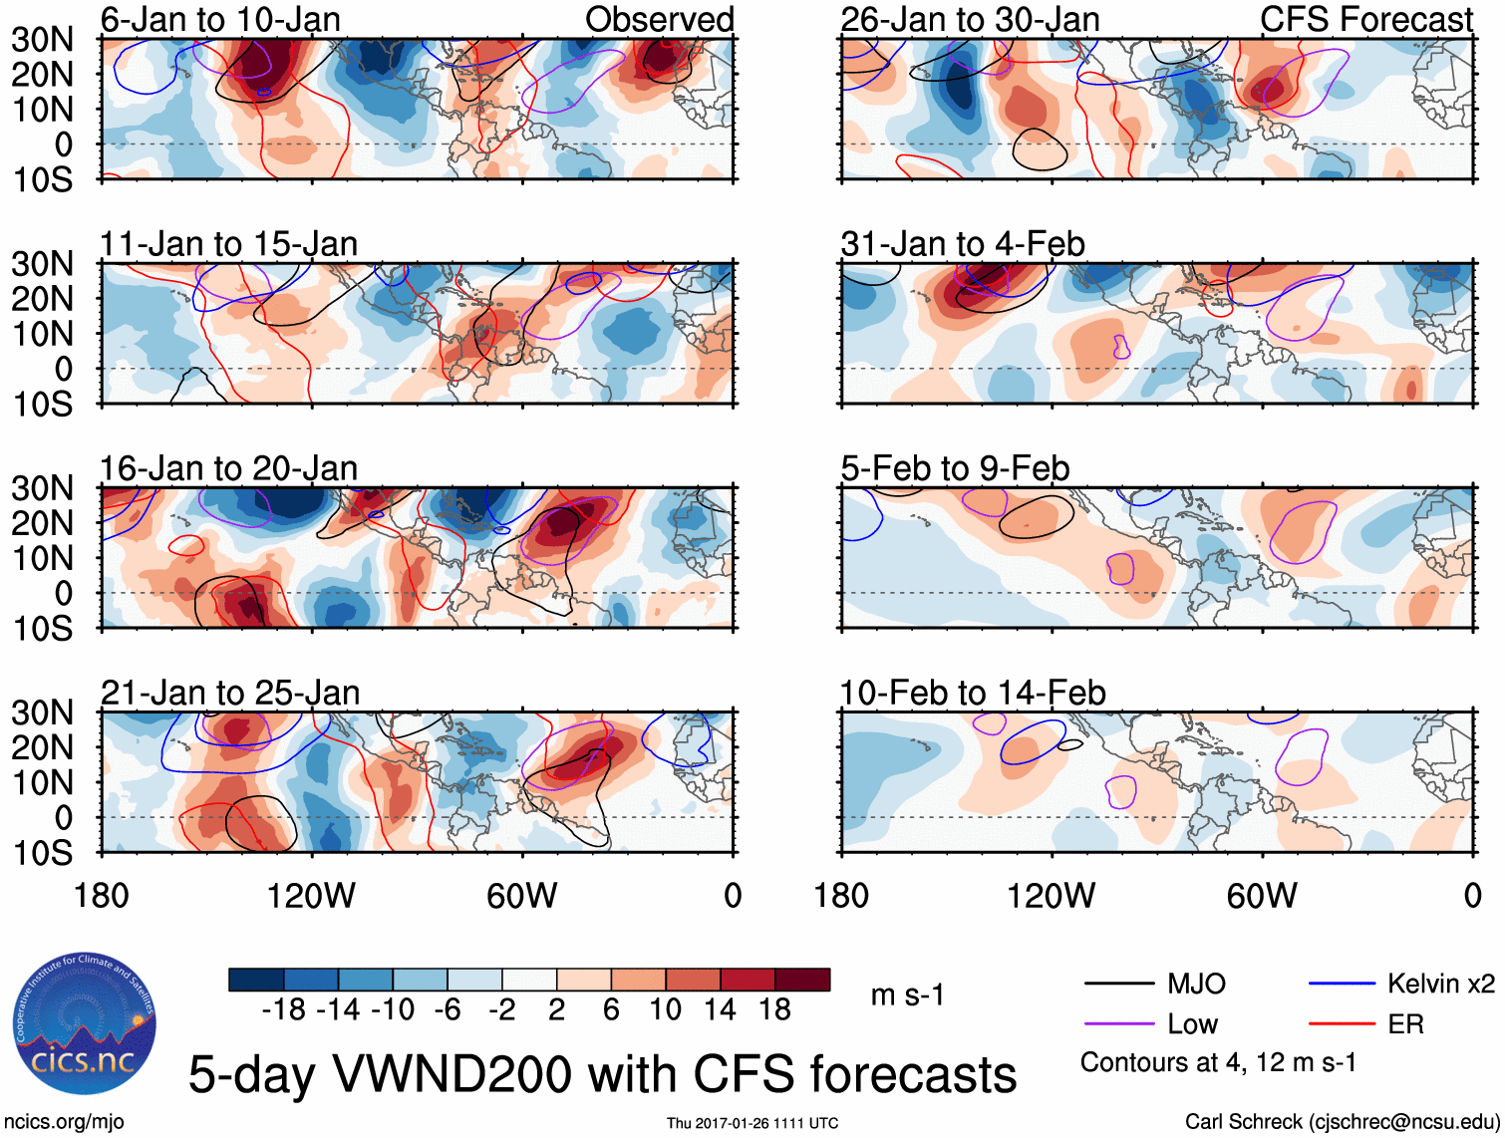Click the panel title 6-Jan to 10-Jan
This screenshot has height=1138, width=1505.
[x=220, y=19]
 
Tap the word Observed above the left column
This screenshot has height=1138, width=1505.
[x=659, y=19]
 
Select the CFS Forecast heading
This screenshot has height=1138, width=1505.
[x=1365, y=19]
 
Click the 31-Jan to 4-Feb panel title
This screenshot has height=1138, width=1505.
[x=962, y=244]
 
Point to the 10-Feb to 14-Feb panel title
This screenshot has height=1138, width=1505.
[x=972, y=693]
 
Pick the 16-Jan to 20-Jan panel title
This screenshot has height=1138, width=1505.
[x=228, y=468]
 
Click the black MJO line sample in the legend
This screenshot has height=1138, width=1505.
[x=1119, y=985]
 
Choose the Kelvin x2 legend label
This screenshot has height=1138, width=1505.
[x=1440, y=985]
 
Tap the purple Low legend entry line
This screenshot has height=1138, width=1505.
[x=1119, y=1024]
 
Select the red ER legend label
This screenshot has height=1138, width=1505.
[x=1405, y=1024]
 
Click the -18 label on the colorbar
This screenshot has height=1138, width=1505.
[x=283, y=1010]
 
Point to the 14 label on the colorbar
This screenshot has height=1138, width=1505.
[x=720, y=1010]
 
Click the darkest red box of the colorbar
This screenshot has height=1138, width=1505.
[x=802, y=980]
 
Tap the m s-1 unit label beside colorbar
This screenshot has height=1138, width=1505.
[x=907, y=996]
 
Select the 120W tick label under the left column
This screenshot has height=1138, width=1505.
[x=311, y=896]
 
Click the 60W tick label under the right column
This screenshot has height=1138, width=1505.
[x=1262, y=896]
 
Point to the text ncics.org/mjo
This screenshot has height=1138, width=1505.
[x=64, y=1122]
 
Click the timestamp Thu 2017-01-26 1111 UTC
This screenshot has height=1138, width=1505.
[x=752, y=1123]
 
